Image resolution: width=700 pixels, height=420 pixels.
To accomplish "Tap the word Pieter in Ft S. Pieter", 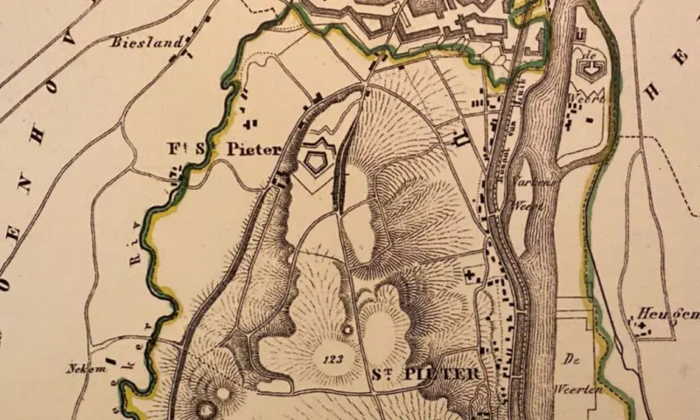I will tap(253, 150).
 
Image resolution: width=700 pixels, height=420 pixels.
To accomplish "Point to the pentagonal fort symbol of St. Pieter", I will tap(314, 160).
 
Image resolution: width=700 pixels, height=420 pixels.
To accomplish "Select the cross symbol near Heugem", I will tap(646, 325).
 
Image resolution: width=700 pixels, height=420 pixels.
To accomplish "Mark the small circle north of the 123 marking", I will tap(346, 330).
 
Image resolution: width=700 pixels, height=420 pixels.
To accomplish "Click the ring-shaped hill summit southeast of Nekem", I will tap(208, 408).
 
